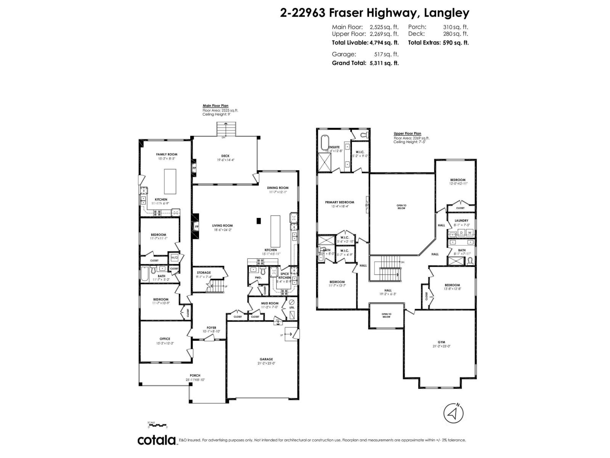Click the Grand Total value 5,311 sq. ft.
pyautogui.click(x=384, y=63)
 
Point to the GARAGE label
pyautogui.click(x=266, y=359)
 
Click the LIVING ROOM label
pyautogui.click(x=222, y=226)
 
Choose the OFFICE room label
pyautogui.click(x=165, y=339)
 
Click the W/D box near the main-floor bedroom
pyautogui.click(x=174, y=258)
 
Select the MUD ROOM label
pyautogui.click(x=270, y=303)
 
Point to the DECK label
pyautogui.click(x=225, y=156)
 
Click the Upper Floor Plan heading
pyautogui.click(x=407, y=134)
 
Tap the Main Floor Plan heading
pyautogui.click(x=215, y=106)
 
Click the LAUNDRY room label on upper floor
pyautogui.click(x=461, y=221)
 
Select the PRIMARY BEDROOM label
pyautogui.click(x=339, y=202)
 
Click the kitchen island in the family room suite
pyautogui.click(x=170, y=181)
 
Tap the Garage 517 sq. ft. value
pyautogui.click(x=386, y=54)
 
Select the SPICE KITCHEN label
pyautogui.click(x=284, y=276)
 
